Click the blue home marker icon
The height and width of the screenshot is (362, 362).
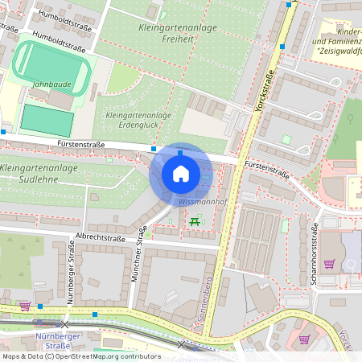[180, 174]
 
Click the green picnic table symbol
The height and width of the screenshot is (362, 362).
[194, 220]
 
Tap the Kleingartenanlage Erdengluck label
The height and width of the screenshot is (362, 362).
[138, 120]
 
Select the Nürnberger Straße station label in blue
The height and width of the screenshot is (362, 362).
[55, 340]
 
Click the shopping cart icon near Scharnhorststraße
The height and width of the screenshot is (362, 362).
[329, 263]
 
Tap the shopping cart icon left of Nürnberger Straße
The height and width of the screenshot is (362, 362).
[25, 306]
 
